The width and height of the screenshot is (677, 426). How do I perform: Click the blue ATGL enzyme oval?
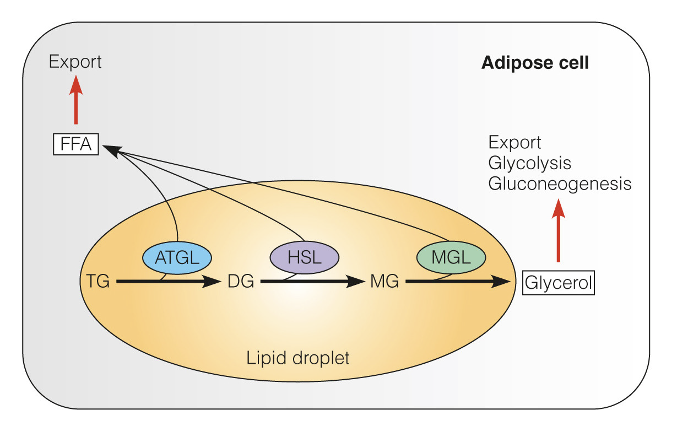177,257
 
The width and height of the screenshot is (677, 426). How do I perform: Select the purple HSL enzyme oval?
304,257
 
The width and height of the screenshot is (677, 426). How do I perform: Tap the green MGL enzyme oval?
451,257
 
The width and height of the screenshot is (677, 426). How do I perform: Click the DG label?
241,282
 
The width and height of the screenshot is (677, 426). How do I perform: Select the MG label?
384,282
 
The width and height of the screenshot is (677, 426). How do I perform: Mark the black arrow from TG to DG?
169,282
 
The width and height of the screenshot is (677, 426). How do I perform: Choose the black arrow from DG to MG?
312,282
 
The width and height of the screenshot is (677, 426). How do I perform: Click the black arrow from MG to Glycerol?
457,282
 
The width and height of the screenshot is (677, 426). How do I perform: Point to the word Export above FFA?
75,61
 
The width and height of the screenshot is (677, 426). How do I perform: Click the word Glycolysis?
529,163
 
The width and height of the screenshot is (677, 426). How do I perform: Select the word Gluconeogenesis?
560,183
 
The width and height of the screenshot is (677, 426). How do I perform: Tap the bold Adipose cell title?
535,63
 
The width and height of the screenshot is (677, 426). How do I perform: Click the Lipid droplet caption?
297,358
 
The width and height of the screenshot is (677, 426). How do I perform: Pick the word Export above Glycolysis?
515,143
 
